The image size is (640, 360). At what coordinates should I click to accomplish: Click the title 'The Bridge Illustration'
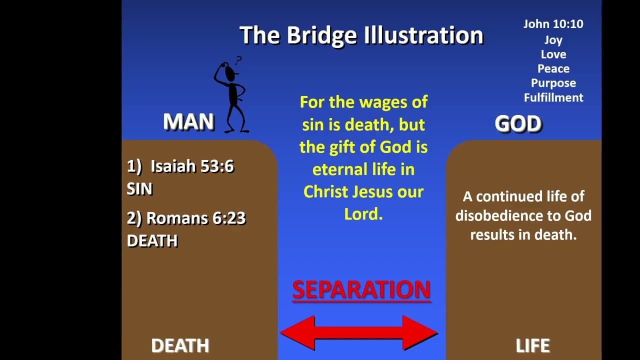pyautogui.click(x=361, y=35)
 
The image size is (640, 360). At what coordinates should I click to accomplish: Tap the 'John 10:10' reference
pyautogui.click(x=553, y=24)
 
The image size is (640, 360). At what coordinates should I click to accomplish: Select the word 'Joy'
pyautogui.click(x=553, y=40)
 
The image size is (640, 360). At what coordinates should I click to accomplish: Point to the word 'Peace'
pyautogui.click(x=553, y=68)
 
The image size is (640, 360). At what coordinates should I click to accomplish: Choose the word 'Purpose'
pyautogui.click(x=553, y=83)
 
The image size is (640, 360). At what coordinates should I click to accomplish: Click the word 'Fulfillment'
pyautogui.click(x=553, y=97)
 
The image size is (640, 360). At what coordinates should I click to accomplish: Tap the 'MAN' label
pyautogui.click(x=188, y=121)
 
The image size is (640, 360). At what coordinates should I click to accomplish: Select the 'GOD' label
pyautogui.click(x=518, y=123)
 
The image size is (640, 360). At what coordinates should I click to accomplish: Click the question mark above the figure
pyautogui.click(x=238, y=60)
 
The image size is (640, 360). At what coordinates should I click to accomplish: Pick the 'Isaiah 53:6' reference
pyautogui.click(x=192, y=166)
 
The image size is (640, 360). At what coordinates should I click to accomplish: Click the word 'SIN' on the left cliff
pyautogui.click(x=139, y=189)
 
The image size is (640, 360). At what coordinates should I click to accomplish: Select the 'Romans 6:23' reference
pyautogui.click(x=196, y=218)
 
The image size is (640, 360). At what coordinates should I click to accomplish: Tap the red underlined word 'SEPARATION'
pyautogui.click(x=361, y=289)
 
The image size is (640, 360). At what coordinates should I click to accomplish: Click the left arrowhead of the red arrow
pyautogui.click(x=297, y=333)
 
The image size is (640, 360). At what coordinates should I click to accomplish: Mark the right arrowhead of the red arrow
pyautogui.click(x=420, y=333)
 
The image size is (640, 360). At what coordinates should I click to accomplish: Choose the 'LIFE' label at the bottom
pyautogui.click(x=533, y=345)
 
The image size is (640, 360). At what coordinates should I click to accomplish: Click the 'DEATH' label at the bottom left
pyautogui.click(x=180, y=345)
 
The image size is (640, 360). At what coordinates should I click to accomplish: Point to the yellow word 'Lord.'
pyautogui.click(x=363, y=214)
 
